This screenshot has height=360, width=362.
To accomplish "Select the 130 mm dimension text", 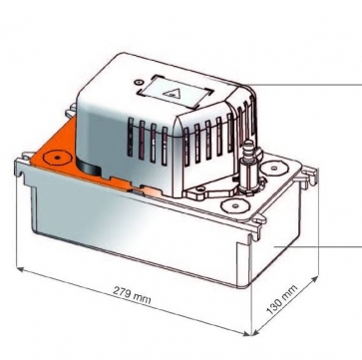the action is click(282, 300).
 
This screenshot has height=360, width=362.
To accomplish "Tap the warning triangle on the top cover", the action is click(171, 94).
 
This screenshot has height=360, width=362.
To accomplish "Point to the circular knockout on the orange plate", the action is click(58, 158).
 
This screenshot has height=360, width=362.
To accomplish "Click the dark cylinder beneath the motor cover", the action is click(88, 167).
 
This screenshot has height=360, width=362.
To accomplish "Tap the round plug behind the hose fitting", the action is click(274, 168).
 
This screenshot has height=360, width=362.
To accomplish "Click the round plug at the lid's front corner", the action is click(235, 205).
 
